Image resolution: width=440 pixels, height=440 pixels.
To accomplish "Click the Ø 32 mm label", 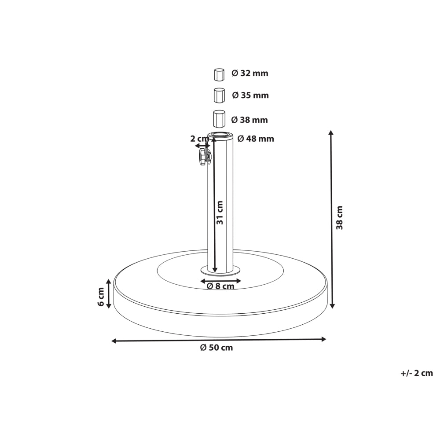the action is pyautogui.click(x=250, y=73).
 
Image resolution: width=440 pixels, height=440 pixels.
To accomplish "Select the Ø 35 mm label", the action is pyautogui.click(x=250, y=95).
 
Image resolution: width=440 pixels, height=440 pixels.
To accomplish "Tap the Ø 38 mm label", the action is pyautogui.click(x=249, y=120).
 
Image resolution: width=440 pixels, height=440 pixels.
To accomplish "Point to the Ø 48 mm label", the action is pyautogui.click(x=256, y=139).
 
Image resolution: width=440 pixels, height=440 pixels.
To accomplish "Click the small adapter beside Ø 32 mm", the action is pyautogui.click(x=220, y=75).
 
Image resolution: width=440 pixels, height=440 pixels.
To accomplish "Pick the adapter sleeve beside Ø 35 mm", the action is pyautogui.click(x=220, y=95).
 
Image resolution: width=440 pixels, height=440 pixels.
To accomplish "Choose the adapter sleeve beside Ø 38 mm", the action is pyautogui.click(x=220, y=119).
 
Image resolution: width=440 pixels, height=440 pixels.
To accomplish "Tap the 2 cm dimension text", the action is pyautogui.click(x=199, y=139).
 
